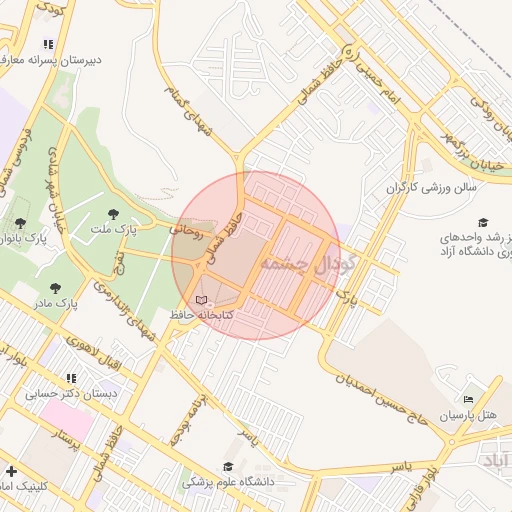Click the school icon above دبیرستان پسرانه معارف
(48, 44)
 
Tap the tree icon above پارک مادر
(54, 288)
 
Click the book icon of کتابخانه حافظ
(201, 300)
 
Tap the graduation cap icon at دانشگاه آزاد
(483, 222)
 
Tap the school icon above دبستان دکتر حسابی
(70, 378)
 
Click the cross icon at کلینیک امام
(11, 471)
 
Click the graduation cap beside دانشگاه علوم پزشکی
(228, 466)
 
